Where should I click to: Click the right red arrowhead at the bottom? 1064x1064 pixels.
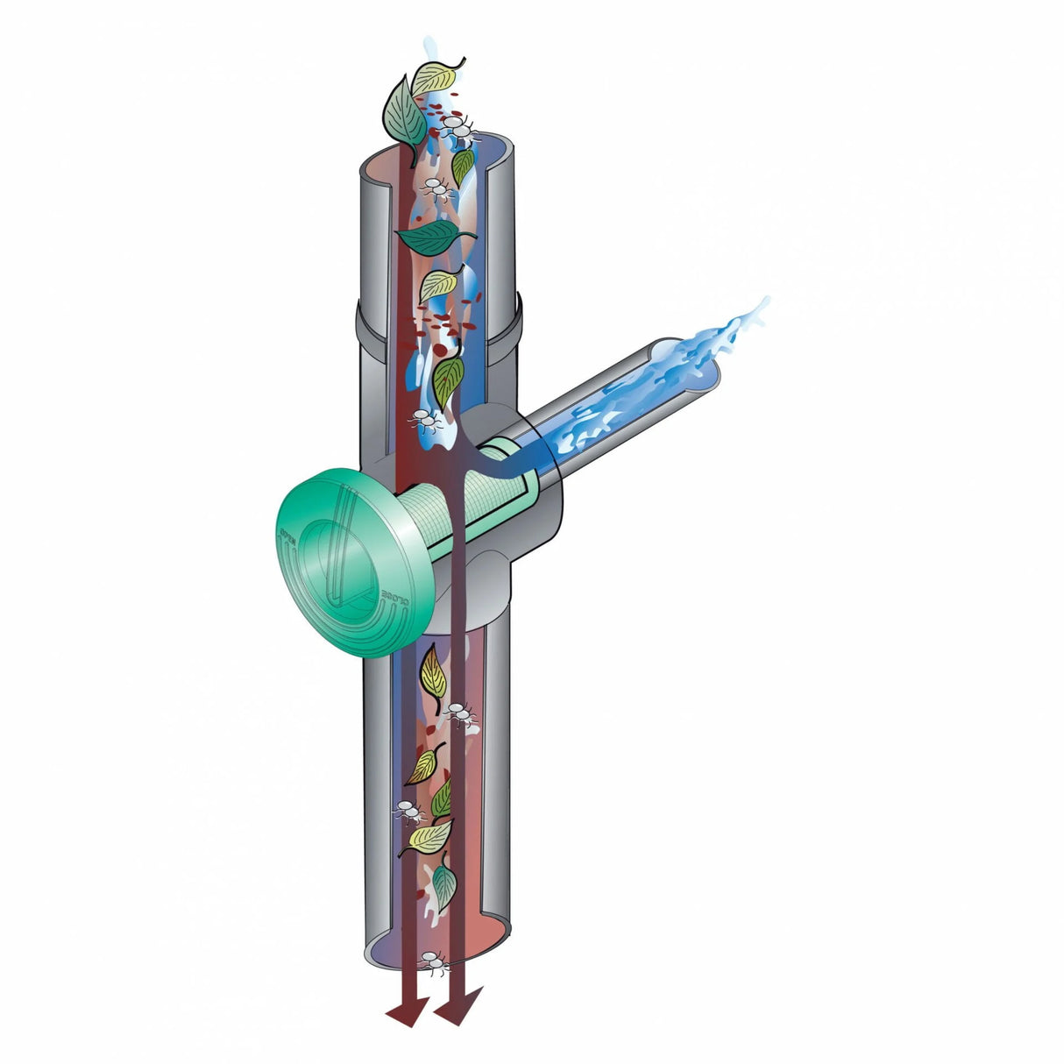click(x=458, y=1010)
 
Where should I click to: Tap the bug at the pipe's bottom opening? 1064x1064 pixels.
click(x=431, y=961)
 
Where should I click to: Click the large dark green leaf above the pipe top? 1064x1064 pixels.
click(x=405, y=112)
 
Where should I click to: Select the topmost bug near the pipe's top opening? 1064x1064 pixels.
click(x=461, y=131)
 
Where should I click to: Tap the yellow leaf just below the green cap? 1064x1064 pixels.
click(x=433, y=671)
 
